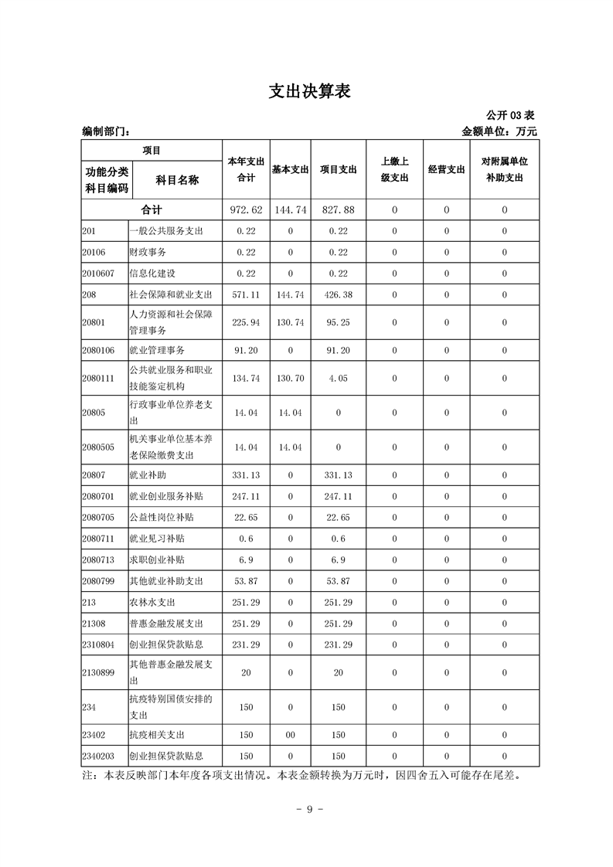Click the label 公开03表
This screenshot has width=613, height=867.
pyautogui.click(x=512, y=115)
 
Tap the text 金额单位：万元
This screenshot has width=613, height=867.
pyautogui.click(x=499, y=131)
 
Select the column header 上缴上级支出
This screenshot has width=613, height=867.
pyautogui.click(x=394, y=169)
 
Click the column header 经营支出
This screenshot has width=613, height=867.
pyautogui.click(x=446, y=169)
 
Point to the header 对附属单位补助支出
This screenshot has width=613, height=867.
pyautogui.click(x=504, y=169)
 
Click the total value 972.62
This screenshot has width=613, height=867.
pyautogui.click(x=247, y=210)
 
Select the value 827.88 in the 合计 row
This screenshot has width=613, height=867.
pyautogui.click(x=338, y=210)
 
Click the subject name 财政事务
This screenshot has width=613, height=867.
pyautogui.click(x=148, y=252)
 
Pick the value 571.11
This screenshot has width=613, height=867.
pyautogui.click(x=246, y=294)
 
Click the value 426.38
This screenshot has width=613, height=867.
pyautogui.click(x=338, y=294)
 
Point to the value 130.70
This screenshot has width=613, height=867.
pyautogui.click(x=290, y=378)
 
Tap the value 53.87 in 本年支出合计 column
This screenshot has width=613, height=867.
pyautogui.click(x=246, y=580)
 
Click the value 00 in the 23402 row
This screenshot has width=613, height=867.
pyautogui.click(x=290, y=735)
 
